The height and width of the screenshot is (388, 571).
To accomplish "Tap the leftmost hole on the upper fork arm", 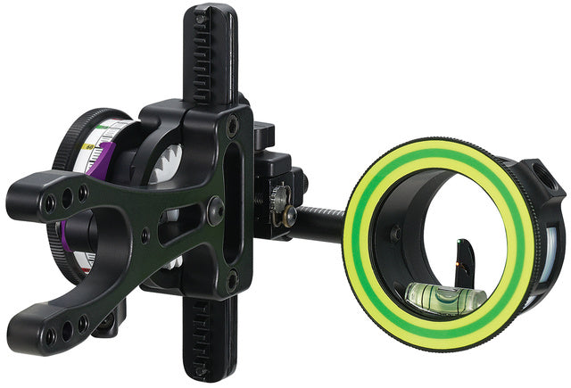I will tap(50, 203).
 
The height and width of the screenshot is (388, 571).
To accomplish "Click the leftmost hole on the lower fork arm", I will tap(50, 336).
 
